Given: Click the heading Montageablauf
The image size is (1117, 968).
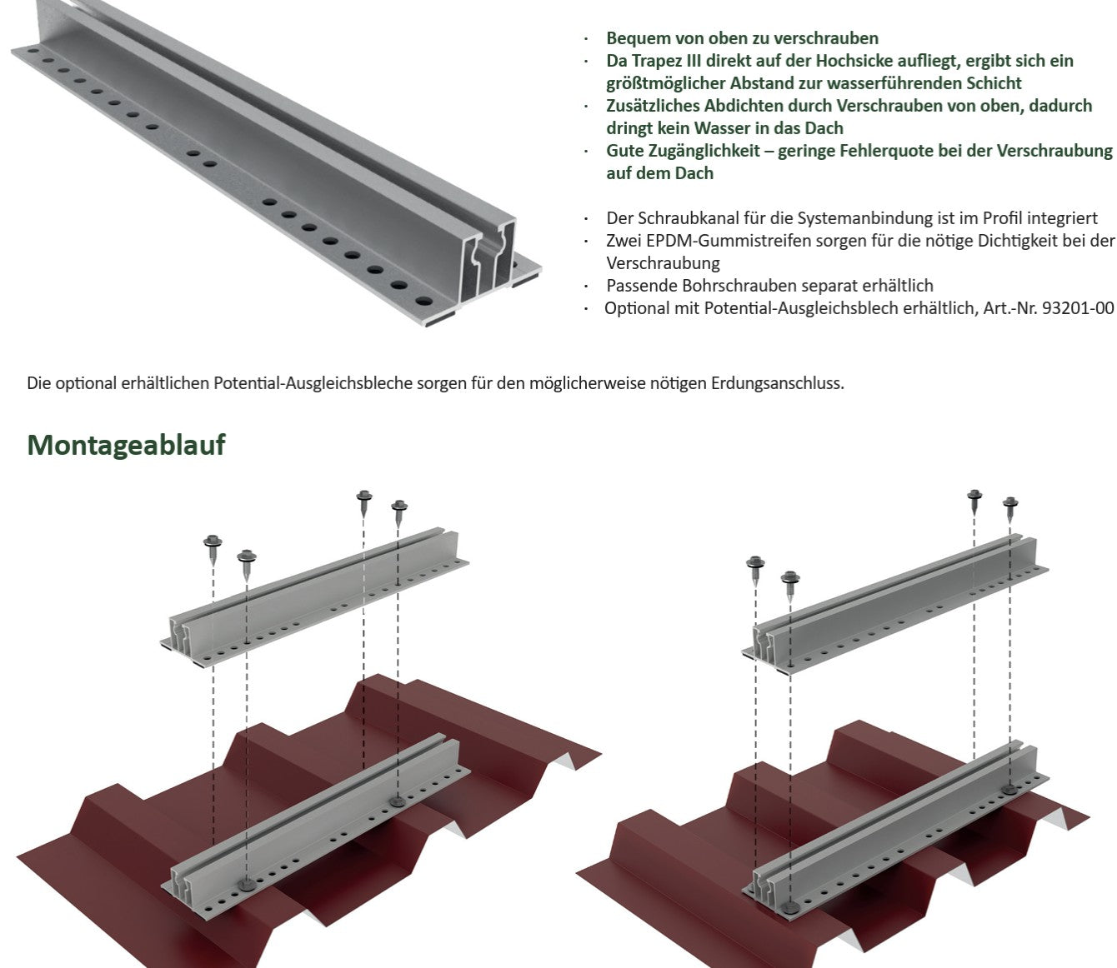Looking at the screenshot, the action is point(126,445).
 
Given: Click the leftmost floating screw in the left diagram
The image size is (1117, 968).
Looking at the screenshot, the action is point(213,549).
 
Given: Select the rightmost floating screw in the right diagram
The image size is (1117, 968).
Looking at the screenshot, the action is point(1010,509).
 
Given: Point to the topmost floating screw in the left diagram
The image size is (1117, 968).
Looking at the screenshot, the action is point(363,502).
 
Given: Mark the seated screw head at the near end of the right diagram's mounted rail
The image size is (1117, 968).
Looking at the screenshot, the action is point(790,907).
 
